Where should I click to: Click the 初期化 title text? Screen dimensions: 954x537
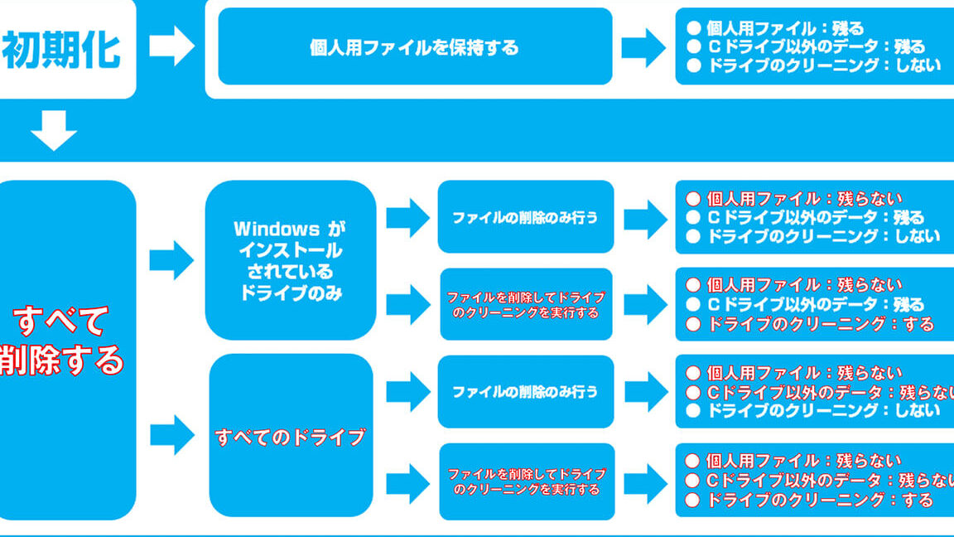pos(60,50)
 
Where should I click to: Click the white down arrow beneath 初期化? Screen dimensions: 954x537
pos(54,130)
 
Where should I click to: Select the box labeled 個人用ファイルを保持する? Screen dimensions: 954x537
pos(415,46)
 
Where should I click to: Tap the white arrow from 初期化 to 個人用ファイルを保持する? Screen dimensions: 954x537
pos(172,46)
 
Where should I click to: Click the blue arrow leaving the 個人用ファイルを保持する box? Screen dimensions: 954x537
pos(643,47)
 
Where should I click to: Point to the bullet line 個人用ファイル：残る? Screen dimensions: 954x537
pos(775,28)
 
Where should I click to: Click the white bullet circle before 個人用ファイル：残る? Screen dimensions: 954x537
pos(694,28)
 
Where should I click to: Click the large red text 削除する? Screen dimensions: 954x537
pos(60,360)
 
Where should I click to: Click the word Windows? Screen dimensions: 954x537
pos(277,229)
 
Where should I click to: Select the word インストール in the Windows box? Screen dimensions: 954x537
pos(290,250)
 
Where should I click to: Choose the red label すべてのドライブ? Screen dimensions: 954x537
pos(290,438)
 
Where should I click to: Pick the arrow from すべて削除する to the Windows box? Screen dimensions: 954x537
pos(171,260)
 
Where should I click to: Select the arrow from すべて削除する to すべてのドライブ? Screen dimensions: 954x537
pos(172,435)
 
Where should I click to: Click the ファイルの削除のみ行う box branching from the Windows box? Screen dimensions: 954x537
pos(526,217)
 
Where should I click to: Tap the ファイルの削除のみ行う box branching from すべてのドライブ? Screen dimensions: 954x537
pos(526,391)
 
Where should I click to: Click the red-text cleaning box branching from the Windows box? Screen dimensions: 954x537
pos(527,304)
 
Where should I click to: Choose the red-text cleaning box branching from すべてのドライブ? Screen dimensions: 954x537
pos(527,481)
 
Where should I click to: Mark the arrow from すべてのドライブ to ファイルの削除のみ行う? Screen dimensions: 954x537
pos(408,391)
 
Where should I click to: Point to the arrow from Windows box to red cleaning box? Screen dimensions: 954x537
pos(408,304)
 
